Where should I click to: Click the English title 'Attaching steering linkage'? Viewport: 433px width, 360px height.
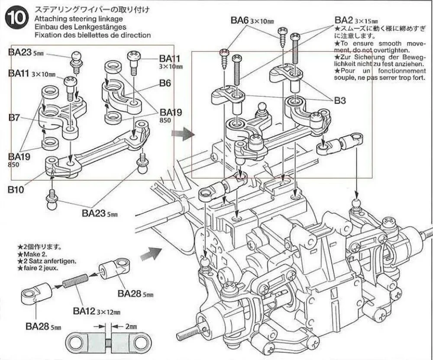78,19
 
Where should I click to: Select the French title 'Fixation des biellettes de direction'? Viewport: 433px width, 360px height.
92,35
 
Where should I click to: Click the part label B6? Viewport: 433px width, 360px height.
165,83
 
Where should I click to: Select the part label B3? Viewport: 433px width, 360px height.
340,101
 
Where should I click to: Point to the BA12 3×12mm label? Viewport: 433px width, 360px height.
96,311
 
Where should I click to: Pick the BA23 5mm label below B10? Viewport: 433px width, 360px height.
99,213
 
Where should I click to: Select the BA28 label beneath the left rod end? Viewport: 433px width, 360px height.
40,326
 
